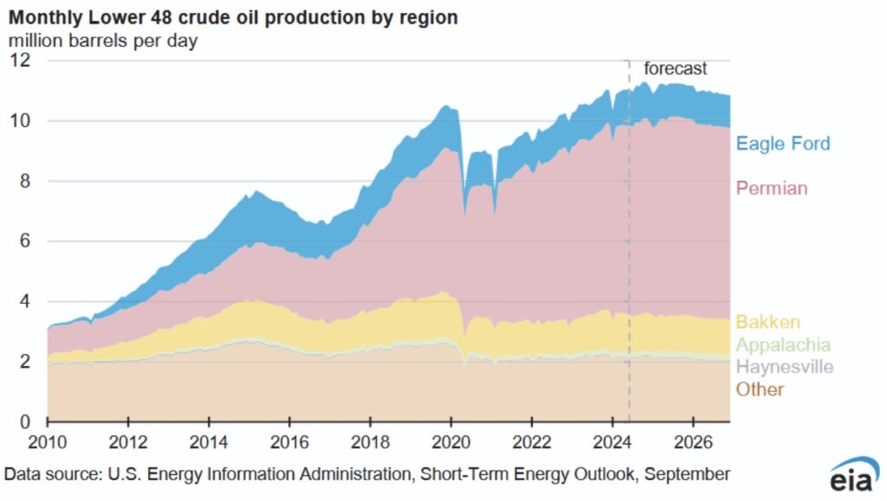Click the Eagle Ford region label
(782, 144)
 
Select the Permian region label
(773, 187)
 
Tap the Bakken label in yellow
(767, 323)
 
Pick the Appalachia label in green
(783, 345)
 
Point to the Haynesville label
(785, 367)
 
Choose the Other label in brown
(760, 389)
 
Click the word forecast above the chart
(675, 69)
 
